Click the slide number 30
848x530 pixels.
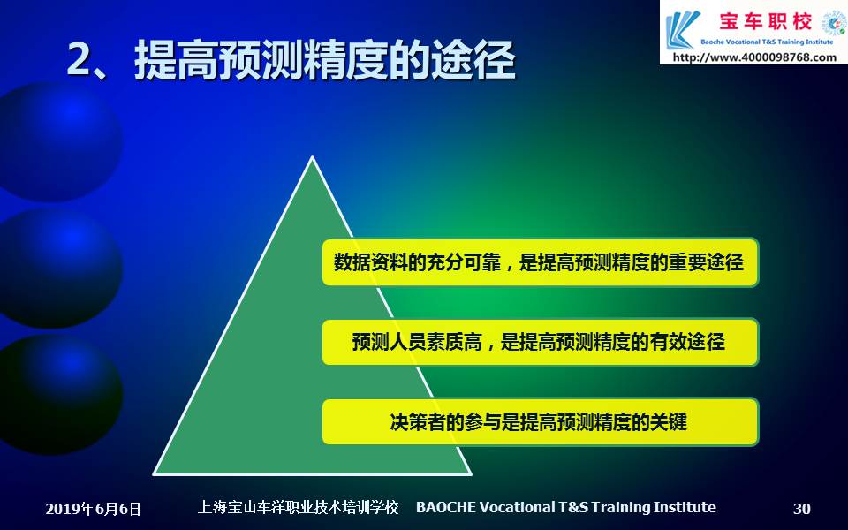(801, 509)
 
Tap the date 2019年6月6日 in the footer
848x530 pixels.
(93, 509)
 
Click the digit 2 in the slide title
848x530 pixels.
(80, 58)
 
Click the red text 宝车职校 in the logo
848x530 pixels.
(765, 21)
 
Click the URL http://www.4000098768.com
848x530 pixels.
(754, 57)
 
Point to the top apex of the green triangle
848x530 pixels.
(312, 157)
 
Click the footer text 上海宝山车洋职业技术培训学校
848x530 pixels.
(298, 507)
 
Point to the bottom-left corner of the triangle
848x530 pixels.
(154, 474)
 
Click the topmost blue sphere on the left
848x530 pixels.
(58, 141)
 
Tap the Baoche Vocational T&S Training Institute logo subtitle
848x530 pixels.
(767, 42)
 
